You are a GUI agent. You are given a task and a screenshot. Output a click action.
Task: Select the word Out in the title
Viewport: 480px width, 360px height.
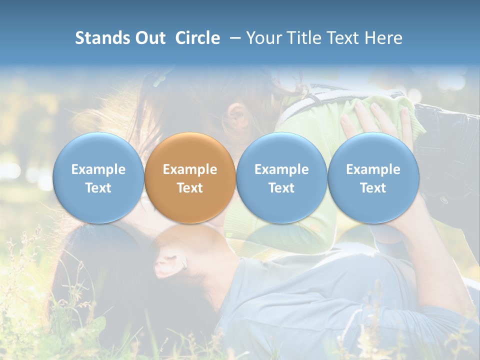149,38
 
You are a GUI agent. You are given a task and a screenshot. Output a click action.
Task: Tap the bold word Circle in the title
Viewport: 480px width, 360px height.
197,38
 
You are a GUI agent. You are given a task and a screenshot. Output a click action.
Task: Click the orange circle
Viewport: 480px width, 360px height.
190,178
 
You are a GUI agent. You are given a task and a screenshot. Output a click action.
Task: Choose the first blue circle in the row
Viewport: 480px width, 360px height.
98,178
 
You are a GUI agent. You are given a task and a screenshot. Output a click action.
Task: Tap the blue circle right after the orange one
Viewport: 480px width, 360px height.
281,178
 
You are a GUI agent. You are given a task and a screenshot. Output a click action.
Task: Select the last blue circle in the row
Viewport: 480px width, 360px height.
373,178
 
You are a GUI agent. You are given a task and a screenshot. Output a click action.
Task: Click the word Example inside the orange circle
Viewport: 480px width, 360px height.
190,169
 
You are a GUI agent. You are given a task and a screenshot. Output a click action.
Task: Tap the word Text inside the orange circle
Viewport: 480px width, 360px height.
190,188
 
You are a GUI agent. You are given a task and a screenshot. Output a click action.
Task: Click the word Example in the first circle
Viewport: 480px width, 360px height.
98,169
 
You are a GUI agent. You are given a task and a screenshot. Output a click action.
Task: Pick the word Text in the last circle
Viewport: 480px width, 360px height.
373,188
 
